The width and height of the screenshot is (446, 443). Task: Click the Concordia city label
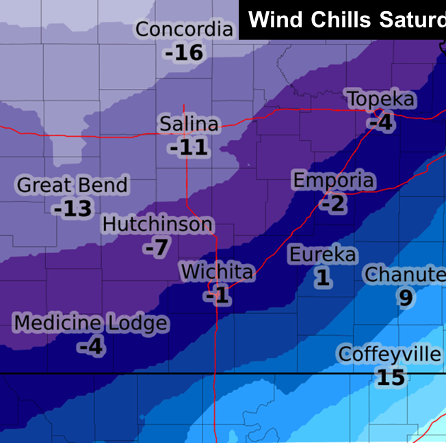pos(184,30)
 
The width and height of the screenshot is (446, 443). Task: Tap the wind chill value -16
pos(184,53)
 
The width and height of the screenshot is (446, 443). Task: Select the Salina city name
pos(189,124)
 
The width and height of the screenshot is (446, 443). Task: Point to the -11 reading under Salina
pos(189,147)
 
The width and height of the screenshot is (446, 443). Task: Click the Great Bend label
pos(72,185)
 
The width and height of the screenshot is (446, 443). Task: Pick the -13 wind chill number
pos(73,209)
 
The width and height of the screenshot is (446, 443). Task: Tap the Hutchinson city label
pos(157,224)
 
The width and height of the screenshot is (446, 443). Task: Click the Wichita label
pos(217,271)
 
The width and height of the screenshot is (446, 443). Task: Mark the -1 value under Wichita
pos(217,295)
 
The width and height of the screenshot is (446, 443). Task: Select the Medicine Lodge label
pos(91,323)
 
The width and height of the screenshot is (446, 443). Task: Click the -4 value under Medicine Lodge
pos(90,347)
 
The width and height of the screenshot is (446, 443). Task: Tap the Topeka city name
pos(381,99)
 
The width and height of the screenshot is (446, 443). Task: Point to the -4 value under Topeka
pos(380,122)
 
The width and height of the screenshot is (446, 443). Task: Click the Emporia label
pos(334,180)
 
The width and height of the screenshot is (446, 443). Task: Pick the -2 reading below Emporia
pos(334,204)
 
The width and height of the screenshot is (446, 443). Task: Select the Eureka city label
pos(322,254)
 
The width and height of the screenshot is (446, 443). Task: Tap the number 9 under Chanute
pos(405,298)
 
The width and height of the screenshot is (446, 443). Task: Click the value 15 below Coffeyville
pos(391,377)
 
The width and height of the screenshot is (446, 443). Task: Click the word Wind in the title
pos(276,19)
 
